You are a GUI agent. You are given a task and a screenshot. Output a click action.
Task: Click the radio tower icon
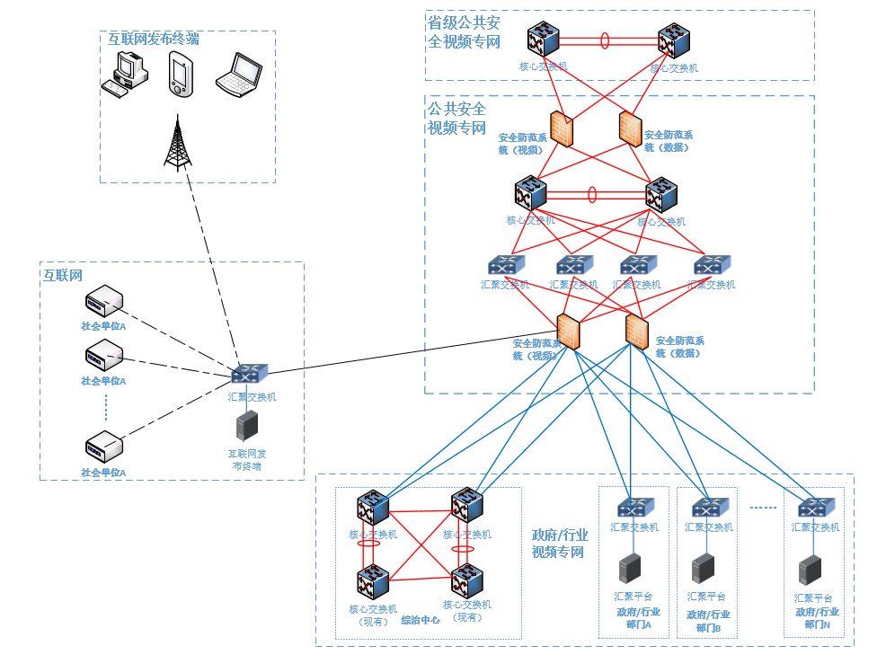(x=177, y=144)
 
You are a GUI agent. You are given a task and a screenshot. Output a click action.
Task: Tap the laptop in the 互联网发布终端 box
(x=238, y=75)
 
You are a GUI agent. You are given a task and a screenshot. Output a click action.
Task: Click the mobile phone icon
(x=180, y=74)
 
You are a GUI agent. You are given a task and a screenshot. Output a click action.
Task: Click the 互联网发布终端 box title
(x=154, y=40)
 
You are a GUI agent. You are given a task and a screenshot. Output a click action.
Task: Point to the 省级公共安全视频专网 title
(x=464, y=32)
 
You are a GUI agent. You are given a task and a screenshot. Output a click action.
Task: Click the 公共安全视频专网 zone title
(x=457, y=118)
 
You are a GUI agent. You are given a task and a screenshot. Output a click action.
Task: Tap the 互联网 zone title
(x=63, y=275)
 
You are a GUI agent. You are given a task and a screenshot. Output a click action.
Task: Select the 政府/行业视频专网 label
(x=559, y=543)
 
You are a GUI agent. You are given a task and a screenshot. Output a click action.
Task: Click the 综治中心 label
(x=420, y=620)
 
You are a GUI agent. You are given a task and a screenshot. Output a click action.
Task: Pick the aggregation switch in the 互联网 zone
(x=249, y=375)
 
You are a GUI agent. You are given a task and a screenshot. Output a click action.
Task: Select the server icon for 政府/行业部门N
(x=811, y=570)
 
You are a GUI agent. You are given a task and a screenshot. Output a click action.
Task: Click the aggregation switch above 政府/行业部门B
(x=710, y=508)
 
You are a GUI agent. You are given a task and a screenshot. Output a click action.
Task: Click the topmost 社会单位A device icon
(x=103, y=299)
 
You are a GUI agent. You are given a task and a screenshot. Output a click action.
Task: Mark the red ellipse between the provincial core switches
(x=605, y=40)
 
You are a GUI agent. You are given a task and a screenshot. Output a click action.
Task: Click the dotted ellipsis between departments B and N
(x=762, y=509)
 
